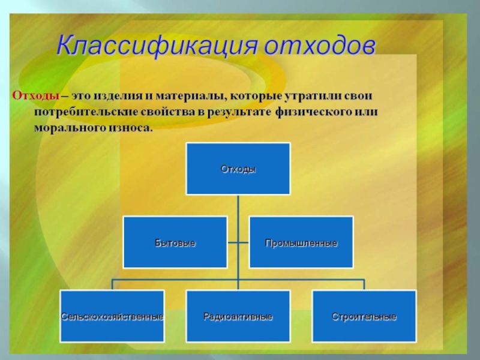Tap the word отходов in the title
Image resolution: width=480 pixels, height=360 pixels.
pos(320,46)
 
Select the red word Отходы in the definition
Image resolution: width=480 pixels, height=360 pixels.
pos(35,95)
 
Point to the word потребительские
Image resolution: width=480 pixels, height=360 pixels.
pos(86,112)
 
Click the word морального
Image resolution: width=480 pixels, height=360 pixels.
pos(70,128)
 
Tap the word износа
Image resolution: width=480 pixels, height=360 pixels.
pos(131,128)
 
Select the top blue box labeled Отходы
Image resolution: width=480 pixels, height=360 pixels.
pos(238,169)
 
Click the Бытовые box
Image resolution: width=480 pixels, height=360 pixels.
pos(175,242)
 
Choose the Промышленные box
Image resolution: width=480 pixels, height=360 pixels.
pos(301,242)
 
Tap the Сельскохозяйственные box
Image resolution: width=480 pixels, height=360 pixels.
pos(112,316)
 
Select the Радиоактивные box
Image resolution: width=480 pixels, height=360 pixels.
pos(238,316)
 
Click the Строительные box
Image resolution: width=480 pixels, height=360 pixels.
pos(364,316)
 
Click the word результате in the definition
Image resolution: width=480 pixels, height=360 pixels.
pos(239,112)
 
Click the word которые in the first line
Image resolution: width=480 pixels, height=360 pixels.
pos(256,96)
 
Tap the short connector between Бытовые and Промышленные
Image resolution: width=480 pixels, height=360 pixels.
pos(238,243)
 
